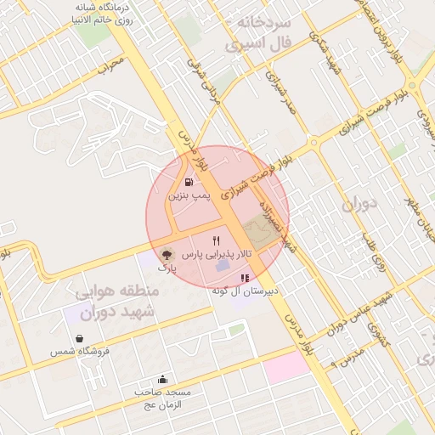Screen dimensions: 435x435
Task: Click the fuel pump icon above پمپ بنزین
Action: click(188, 181)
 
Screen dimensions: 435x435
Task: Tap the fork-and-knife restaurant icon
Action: click(216, 240)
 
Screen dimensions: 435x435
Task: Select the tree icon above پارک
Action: click(167, 254)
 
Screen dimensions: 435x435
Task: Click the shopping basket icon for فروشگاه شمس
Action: click(79, 338)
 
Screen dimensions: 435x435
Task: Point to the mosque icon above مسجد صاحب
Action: click(162, 380)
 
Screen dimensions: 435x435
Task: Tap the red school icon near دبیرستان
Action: click(246, 278)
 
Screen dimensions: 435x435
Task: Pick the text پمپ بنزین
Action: click(188, 195)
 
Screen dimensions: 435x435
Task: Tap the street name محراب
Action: click(110, 65)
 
